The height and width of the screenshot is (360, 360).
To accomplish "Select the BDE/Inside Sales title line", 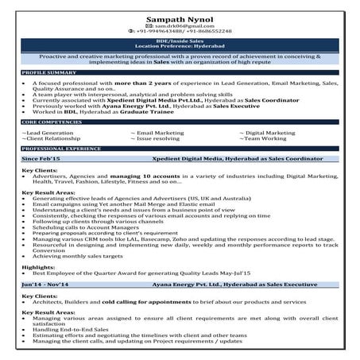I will coord(180,41).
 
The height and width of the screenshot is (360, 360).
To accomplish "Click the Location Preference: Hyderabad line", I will coord(180,48).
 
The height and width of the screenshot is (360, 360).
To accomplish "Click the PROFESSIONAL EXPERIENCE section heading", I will coord(62,149).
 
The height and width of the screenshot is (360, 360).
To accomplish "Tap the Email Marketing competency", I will coord(158,132).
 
